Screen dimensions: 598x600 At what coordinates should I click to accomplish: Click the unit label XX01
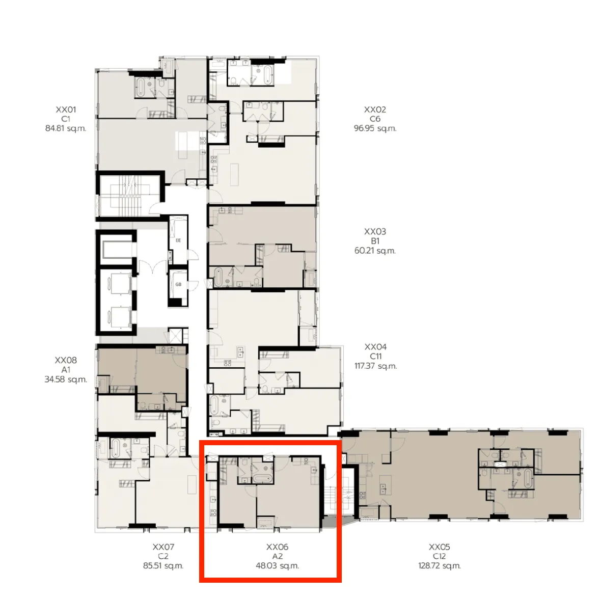click(x=66, y=110)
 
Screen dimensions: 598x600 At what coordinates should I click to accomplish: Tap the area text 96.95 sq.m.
click(x=375, y=128)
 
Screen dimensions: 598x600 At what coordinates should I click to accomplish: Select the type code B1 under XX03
click(x=375, y=241)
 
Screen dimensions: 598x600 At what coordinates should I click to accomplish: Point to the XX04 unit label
click(x=375, y=347)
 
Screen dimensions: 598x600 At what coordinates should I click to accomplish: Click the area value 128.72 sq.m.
click(x=439, y=566)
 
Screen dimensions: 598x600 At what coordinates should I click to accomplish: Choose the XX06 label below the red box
click(x=277, y=547)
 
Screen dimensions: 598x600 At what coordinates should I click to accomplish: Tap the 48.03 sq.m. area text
click(x=277, y=566)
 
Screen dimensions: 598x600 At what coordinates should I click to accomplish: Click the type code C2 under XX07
click(x=163, y=556)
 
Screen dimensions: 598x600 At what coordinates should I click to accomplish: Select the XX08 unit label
click(x=66, y=360)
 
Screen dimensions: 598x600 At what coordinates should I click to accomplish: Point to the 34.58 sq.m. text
click(x=66, y=379)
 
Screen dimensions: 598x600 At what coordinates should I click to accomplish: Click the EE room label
click(x=178, y=240)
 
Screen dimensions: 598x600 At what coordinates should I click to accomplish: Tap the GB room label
click(x=178, y=284)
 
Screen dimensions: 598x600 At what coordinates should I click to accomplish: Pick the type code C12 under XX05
click(x=439, y=556)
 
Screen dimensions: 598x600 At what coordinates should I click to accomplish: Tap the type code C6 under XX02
click(x=375, y=119)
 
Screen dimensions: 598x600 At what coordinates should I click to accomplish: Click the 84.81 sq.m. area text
click(x=66, y=128)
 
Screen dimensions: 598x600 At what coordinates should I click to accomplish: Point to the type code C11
click(x=375, y=357)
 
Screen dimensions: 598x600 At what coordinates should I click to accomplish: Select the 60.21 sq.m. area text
click(x=375, y=251)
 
